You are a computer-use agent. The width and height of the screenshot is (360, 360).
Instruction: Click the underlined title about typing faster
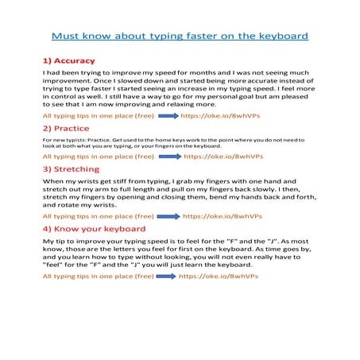coord(180,37)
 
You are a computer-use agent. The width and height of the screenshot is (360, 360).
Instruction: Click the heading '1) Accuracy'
coord(68,60)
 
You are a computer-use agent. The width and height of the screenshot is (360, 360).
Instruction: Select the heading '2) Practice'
coord(65,128)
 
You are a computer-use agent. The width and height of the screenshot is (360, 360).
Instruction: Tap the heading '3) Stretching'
coord(71,169)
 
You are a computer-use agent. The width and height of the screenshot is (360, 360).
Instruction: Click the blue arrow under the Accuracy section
coord(169,116)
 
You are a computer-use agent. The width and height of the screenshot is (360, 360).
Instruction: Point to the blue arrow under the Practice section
coord(169,157)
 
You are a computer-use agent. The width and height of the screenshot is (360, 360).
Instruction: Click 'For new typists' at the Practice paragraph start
coord(62,140)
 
